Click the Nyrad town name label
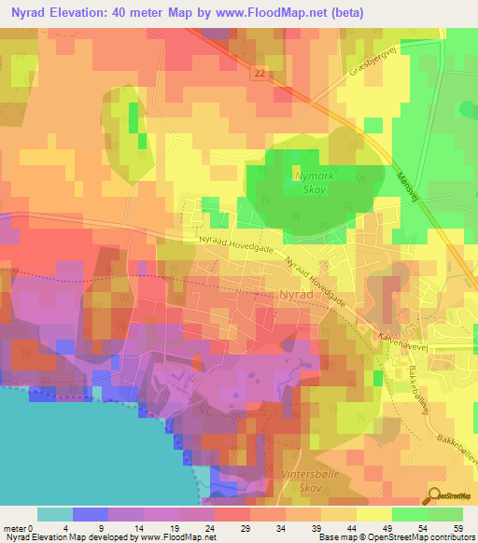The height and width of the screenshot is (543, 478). [x=300, y=295]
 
